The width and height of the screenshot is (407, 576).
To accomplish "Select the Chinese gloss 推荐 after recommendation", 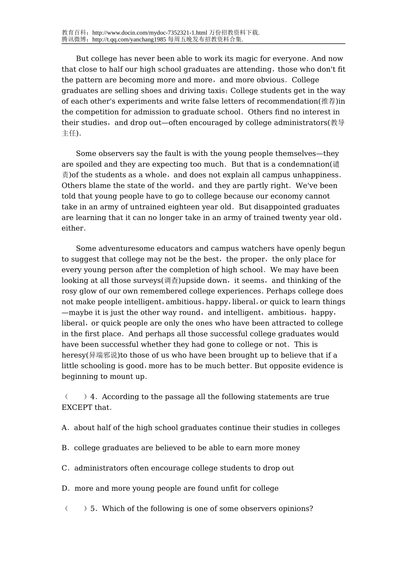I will click(329, 102).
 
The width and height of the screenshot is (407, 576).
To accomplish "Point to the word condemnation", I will click(303, 165).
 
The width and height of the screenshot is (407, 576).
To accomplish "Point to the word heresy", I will click(74, 355).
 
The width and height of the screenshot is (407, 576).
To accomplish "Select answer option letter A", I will click(65, 428).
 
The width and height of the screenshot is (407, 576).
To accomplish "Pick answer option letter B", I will click(65, 448).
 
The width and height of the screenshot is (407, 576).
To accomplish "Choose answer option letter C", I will click(65, 468).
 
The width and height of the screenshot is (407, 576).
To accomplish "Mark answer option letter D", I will click(65, 488).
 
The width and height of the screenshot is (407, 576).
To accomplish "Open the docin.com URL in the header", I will click(150, 33).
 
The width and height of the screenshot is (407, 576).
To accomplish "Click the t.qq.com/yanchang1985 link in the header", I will click(129, 39).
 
